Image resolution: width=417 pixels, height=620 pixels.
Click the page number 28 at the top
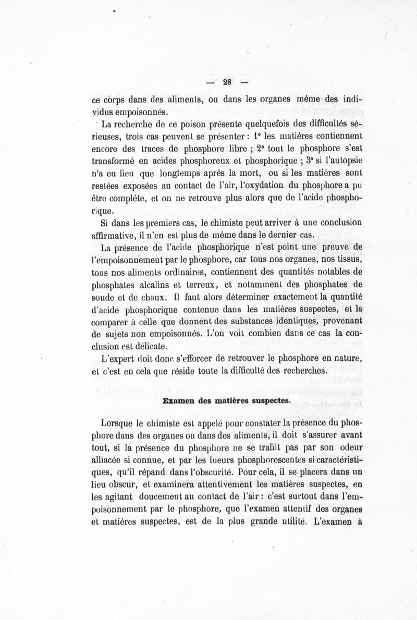pyautogui.click(x=227, y=81)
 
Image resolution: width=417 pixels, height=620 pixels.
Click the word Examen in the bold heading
pyautogui.click(x=177, y=401)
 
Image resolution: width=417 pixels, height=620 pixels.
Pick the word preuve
pyautogui.click(x=332, y=247)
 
